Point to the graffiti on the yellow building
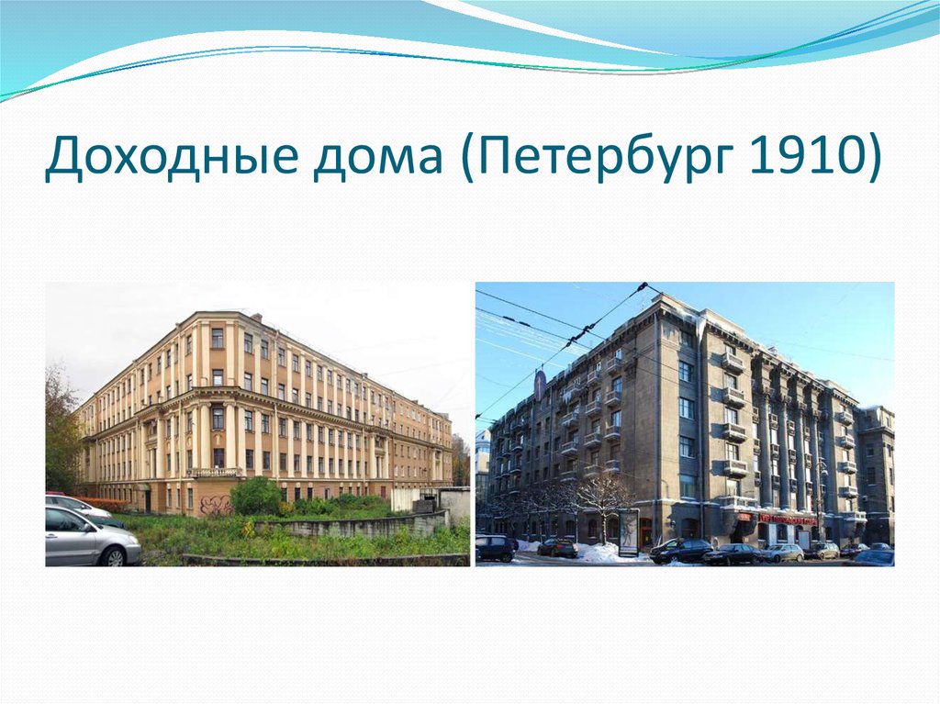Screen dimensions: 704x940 215,504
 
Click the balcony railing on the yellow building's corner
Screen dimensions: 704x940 215,473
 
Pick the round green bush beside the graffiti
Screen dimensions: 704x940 255,496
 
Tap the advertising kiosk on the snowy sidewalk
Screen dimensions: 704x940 629,531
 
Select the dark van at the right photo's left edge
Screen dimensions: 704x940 495,548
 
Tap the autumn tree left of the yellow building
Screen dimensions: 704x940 62,431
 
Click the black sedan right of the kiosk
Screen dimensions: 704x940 680,551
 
